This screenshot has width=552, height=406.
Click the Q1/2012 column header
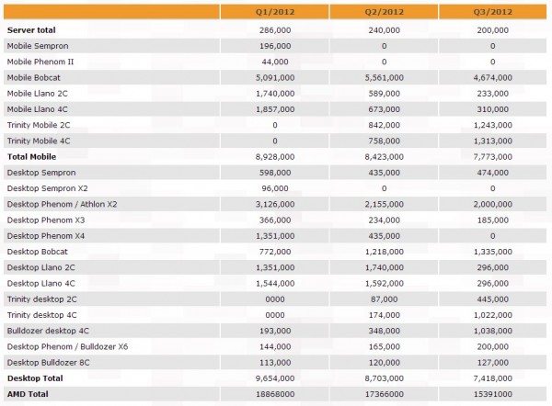(275, 12)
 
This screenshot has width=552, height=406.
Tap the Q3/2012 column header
(493, 12)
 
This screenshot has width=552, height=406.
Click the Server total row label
(33, 30)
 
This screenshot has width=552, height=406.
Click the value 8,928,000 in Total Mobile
(275, 156)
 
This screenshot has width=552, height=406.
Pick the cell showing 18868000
(275, 393)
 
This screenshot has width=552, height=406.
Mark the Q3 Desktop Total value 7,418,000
(493, 378)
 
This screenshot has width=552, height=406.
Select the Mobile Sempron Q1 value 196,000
(275, 46)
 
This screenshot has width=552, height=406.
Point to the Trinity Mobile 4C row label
(40, 141)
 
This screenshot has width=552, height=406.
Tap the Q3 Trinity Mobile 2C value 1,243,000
(493, 125)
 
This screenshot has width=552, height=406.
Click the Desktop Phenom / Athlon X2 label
(61, 204)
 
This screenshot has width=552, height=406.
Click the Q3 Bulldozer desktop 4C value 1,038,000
(493, 330)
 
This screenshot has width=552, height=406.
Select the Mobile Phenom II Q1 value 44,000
(275, 62)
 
